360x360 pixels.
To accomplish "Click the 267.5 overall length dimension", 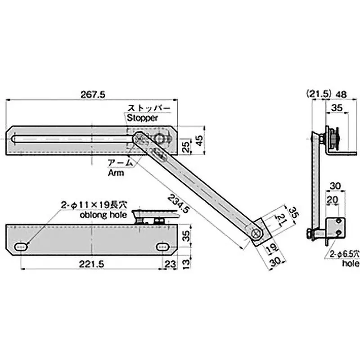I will pos(94,94).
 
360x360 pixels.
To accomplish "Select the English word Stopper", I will pos(142,118).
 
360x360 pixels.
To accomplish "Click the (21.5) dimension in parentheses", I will pos(318,94).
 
